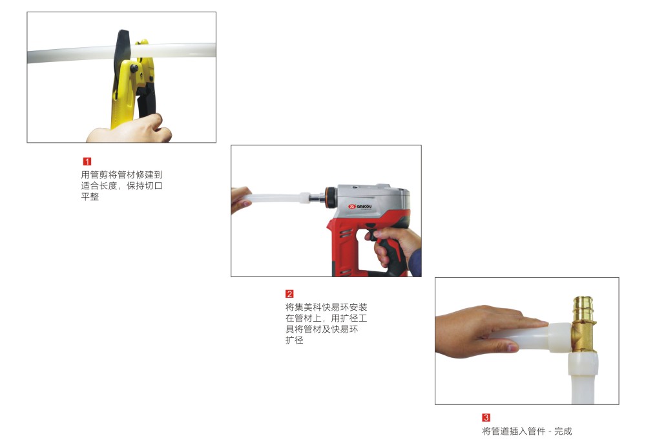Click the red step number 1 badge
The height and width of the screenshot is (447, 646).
tap(87, 161)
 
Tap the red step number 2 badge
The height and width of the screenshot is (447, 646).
tap(289, 294)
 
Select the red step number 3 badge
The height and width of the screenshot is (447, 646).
tap(486, 417)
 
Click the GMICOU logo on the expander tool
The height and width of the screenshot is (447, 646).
tap(360, 207)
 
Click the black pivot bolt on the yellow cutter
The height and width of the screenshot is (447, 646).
tap(134, 68)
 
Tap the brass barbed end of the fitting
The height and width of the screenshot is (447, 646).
tap(584, 307)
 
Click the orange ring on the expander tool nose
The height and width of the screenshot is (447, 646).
tap(329, 198)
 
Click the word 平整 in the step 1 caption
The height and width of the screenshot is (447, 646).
tap(90, 196)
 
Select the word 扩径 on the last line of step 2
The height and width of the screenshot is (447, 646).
tap(294, 340)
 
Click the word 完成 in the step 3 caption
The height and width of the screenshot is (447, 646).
tap(563, 431)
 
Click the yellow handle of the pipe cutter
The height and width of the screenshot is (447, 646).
tap(122, 103)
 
